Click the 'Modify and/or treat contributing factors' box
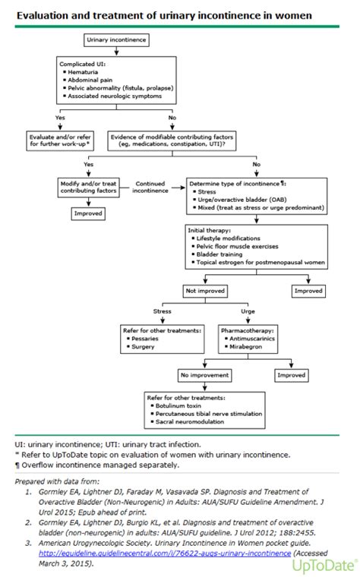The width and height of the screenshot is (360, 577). point(90,188)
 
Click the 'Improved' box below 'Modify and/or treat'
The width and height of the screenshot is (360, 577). point(89,214)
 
